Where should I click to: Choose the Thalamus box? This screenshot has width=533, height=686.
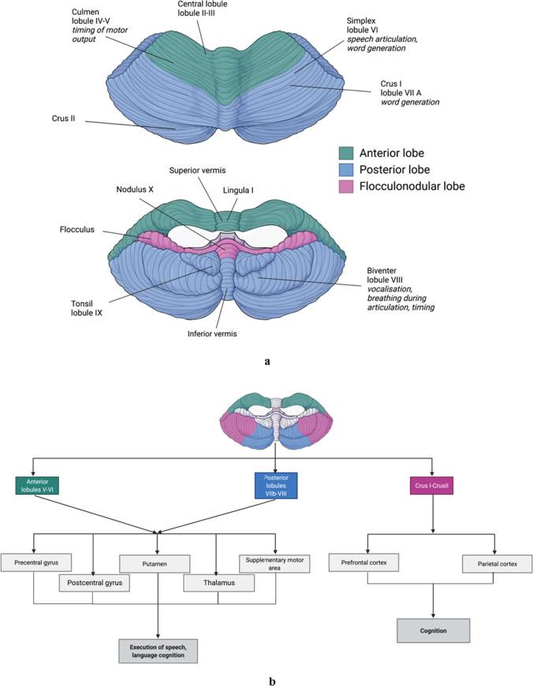click(219, 583)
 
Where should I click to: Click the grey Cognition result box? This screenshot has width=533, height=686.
click(434, 631)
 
